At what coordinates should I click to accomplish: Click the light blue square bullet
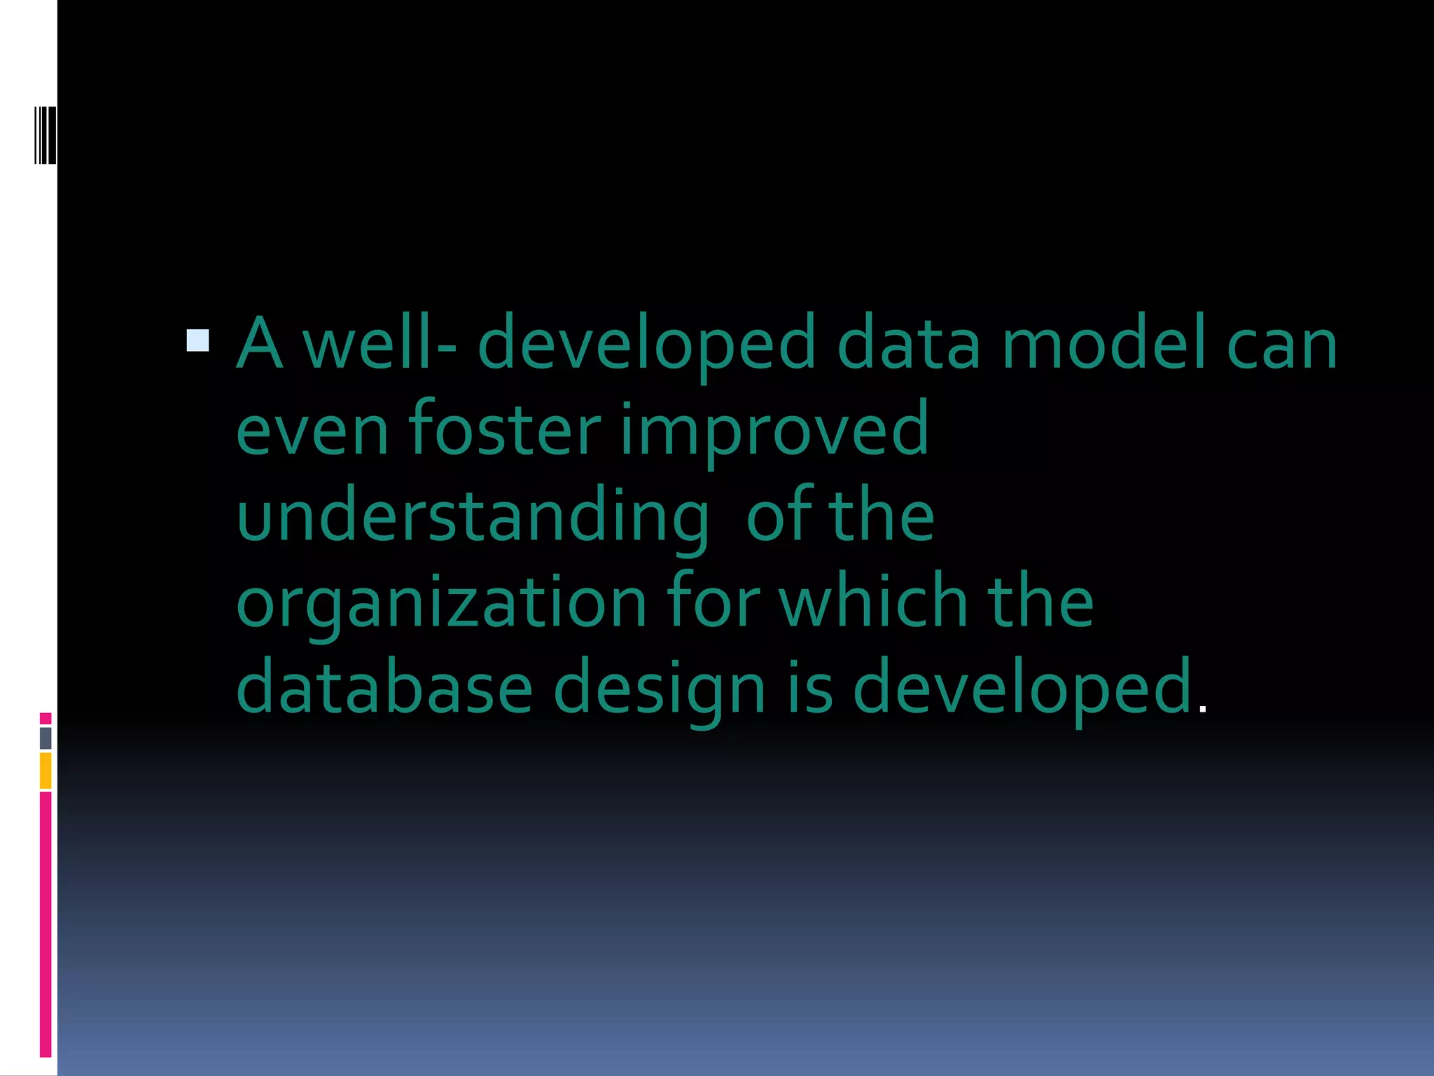pyautogui.click(x=198, y=340)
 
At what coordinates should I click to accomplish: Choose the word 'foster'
pyautogui.click(x=504, y=429)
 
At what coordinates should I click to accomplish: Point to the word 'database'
pyautogui.click(x=384, y=688)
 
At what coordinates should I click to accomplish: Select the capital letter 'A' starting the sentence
pyautogui.click(x=260, y=344)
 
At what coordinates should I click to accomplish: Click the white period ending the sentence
pyautogui.click(x=1203, y=710)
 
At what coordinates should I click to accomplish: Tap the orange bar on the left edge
pyautogui.click(x=46, y=771)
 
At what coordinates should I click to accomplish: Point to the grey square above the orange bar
pyautogui.click(x=46, y=738)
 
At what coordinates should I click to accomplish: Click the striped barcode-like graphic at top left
pyautogui.click(x=46, y=135)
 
